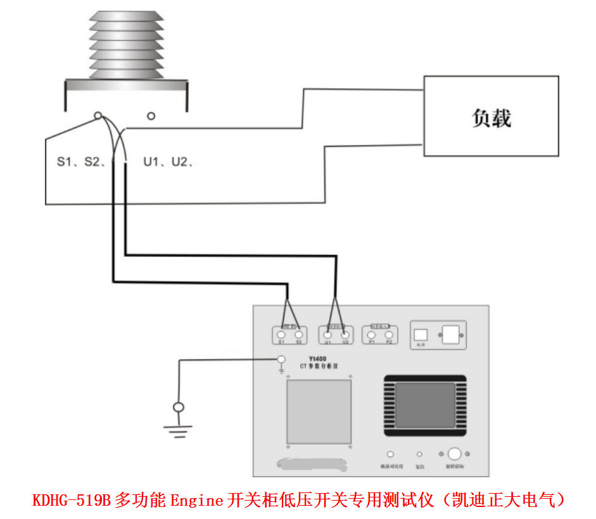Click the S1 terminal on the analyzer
[x=280, y=334]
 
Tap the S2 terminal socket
[x=298, y=334]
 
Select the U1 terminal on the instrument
[x=327, y=334]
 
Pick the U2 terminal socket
[x=345, y=334]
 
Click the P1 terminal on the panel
[x=372, y=334]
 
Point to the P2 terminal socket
[x=389, y=334]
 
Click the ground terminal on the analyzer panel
[x=281, y=360]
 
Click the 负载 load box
[x=491, y=116]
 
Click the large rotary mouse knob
[x=454, y=454]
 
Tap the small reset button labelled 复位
[x=419, y=454]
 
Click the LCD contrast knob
[x=391, y=454]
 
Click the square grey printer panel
[x=319, y=411]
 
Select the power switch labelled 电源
[x=421, y=334]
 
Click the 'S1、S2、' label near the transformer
[x=80, y=162]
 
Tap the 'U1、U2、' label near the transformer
[x=167, y=162]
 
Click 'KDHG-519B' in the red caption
[x=72, y=501]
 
